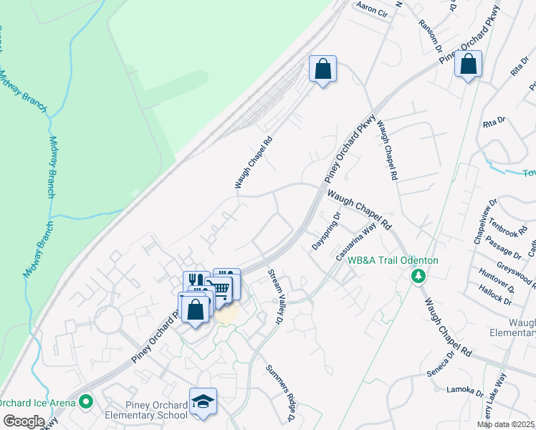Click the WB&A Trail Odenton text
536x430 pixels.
[393, 261]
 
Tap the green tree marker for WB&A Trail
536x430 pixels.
[416, 276]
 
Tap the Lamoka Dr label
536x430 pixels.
[465, 391]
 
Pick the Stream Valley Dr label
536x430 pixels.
[274, 297]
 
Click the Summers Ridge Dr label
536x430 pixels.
[280, 392]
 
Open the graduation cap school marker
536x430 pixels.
[203, 401]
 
